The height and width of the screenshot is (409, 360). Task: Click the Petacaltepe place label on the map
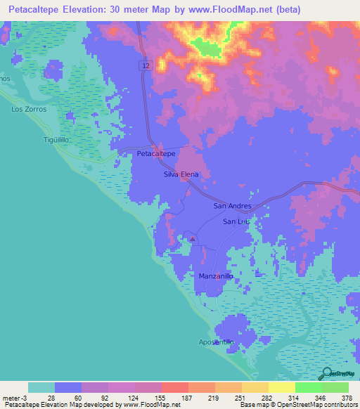155,152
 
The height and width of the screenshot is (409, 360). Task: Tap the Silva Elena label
181,174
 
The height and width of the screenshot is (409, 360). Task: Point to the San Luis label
236,222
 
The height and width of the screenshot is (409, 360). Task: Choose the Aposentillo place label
215,342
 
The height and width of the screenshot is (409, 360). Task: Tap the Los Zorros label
29,110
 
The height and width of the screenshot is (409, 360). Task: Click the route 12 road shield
144,65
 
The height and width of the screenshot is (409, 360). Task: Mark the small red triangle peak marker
192,238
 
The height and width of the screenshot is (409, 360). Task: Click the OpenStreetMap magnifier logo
328,374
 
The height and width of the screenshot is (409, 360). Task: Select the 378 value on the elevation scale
347,398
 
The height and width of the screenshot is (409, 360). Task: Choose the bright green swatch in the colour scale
309,387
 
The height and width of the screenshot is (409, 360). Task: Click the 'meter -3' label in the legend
13,398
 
